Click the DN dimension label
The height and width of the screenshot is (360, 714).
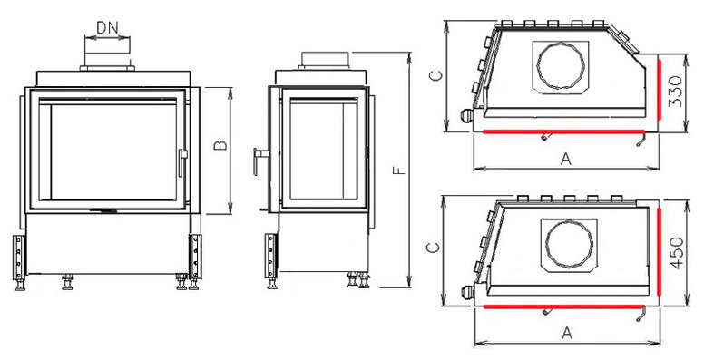(x=107, y=28)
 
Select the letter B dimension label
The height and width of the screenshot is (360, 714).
(x=220, y=145)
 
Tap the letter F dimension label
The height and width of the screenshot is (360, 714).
(x=399, y=170)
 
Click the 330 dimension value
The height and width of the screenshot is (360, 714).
(x=676, y=92)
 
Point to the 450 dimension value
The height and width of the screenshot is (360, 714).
(x=676, y=253)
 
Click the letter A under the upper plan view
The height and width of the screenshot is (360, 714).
(x=565, y=159)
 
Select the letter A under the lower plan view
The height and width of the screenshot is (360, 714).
(x=566, y=333)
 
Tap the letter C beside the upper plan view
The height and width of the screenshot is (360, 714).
(x=435, y=75)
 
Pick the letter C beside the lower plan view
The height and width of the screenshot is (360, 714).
(x=433, y=248)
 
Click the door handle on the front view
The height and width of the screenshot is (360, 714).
(x=182, y=162)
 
